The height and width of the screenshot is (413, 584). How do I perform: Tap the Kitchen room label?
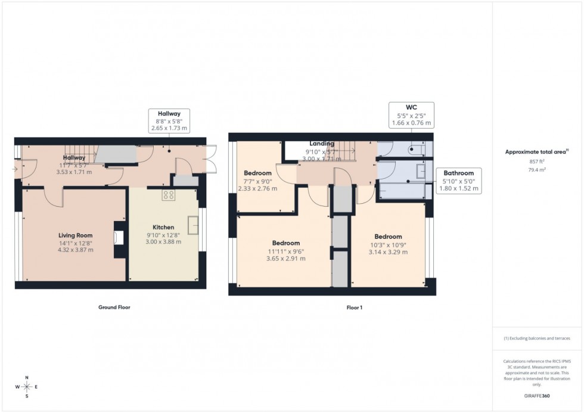point(163,227)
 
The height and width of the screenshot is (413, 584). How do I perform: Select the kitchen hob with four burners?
point(168,195)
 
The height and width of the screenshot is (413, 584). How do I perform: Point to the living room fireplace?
point(119,237)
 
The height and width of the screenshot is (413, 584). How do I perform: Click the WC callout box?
point(411,115)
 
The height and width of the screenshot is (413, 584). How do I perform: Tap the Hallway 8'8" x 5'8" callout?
point(169,120)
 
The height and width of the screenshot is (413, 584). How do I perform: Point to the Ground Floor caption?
point(114,308)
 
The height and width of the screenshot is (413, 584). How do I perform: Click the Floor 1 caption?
point(354,308)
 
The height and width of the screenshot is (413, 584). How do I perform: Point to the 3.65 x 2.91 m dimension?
point(286,259)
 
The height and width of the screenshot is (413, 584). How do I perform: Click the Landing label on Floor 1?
point(322,144)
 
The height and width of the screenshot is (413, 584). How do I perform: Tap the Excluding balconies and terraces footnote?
point(537,338)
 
